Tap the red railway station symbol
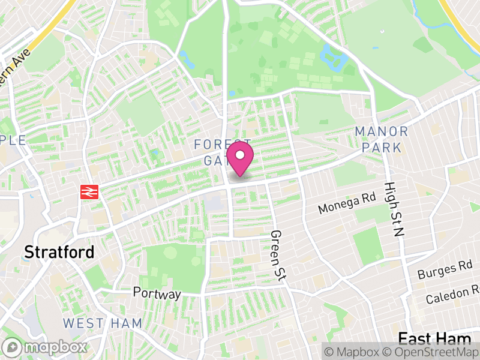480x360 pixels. point(89,192)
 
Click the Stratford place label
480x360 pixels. point(59,252)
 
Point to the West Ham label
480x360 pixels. point(103,323)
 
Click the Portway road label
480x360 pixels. point(157,294)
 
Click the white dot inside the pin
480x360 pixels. point(240,155)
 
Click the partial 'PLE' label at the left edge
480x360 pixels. point(13,140)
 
